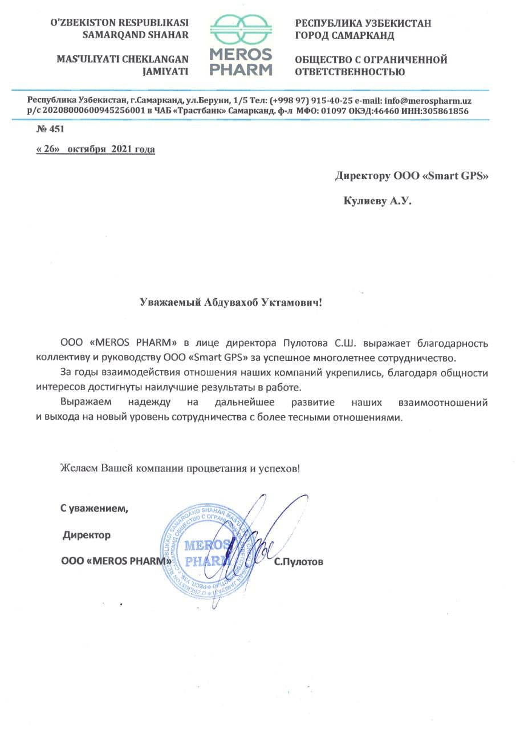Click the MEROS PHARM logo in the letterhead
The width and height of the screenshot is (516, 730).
[x=241, y=46]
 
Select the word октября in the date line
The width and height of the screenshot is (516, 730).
[x=86, y=150]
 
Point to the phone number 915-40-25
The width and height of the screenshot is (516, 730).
[x=320, y=100]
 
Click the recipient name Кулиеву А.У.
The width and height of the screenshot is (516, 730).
[x=377, y=201]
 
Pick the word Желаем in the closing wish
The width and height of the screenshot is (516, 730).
[x=80, y=469]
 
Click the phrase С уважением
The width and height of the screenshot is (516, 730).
[x=95, y=509]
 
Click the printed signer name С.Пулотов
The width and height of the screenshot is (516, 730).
[x=298, y=562]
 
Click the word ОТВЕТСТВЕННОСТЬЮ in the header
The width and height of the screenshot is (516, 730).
[x=350, y=72]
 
